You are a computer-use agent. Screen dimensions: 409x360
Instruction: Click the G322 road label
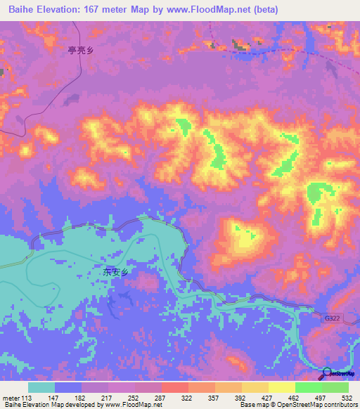click(x=331, y=318)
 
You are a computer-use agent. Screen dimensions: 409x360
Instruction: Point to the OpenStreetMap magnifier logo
click(x=328, y=373)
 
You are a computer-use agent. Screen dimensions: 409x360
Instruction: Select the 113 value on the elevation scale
click(x=27, y=398)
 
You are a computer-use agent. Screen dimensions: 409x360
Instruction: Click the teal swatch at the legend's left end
click(x=41, y=387)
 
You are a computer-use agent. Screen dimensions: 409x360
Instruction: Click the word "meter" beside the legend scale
click(x=10, y=398)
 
